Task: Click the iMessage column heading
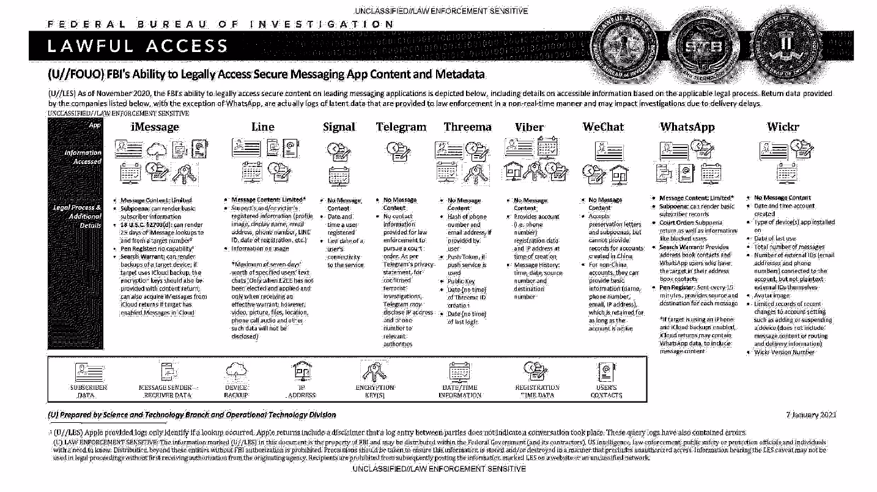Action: pos(155,127)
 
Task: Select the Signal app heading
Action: pos(339,127)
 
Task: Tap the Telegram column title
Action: pos(401,127)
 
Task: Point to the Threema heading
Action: pos(467,127)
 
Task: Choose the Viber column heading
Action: pos(530,127)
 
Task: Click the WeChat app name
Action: pos(603,127)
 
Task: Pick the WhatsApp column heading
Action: pos(687,127)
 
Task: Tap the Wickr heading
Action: pos(783,127)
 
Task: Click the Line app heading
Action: pos(263,127)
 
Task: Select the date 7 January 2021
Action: pos(811,415)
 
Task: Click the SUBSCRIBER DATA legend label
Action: pos(89,392)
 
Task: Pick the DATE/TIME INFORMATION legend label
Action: pos(458,392)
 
